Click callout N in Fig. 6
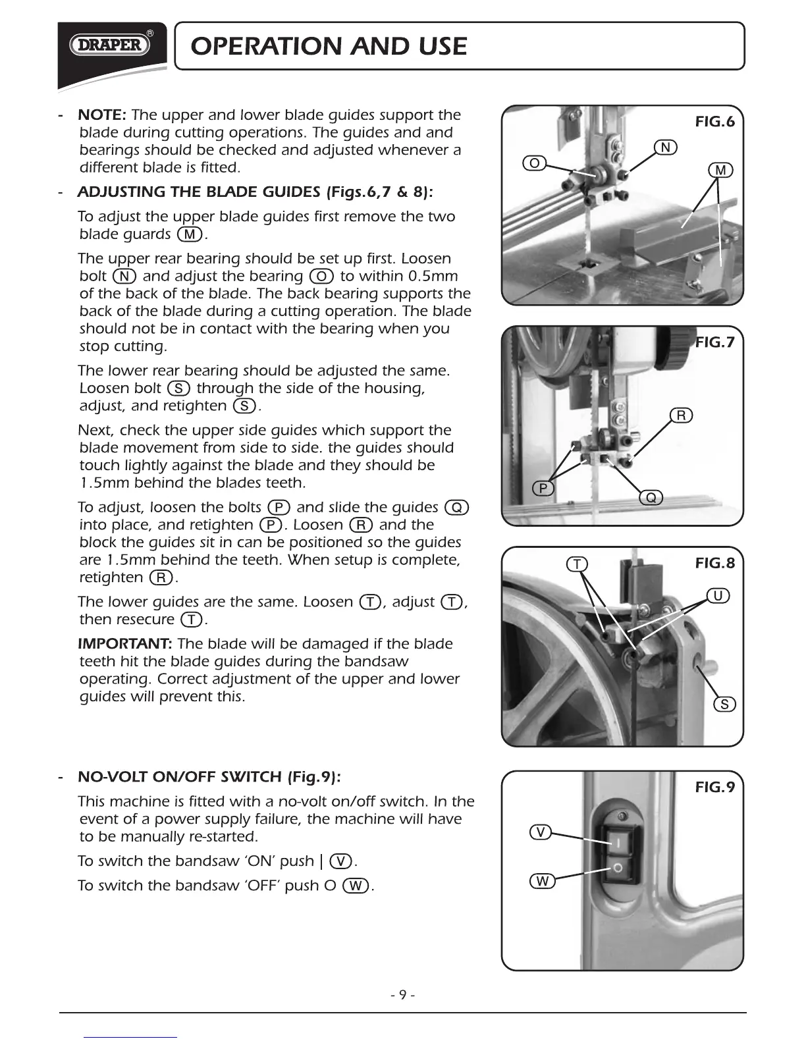click(666, 147)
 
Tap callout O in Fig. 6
click(535, 163)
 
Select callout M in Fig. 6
click(720, 171)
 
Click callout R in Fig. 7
click(682, 415)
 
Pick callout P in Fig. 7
click(543, 488)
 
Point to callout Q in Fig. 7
click(651, 498)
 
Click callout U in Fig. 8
click(718, 597)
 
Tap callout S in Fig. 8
click(724, 705)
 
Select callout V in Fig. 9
click(541, 832)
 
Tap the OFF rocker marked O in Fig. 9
click(618, 869)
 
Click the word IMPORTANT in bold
click(125, 643)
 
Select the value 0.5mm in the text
click(433, 276)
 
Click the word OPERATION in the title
click(265, 46)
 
